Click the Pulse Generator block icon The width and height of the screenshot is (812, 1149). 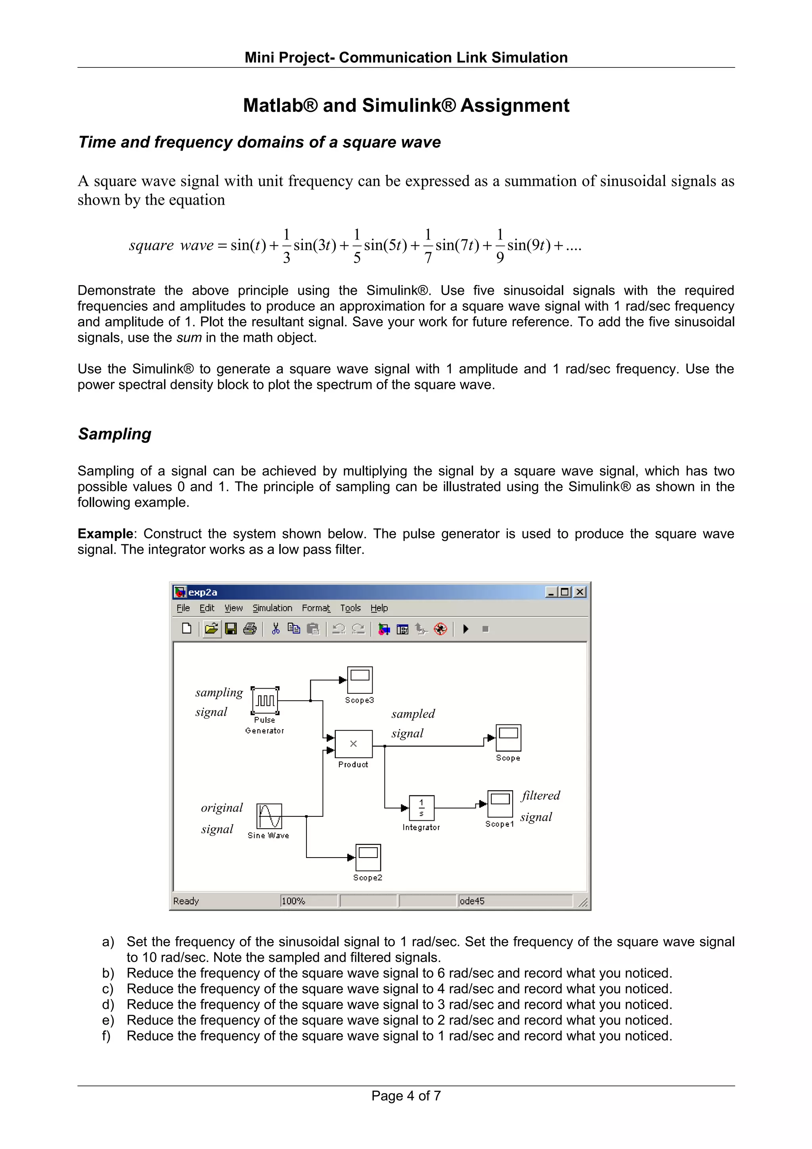pos(265,700)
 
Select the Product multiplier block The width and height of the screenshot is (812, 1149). pos(353,744)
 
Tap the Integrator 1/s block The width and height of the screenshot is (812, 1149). pos(421,807)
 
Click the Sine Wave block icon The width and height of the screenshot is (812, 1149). pos(269,816)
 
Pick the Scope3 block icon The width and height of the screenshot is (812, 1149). pos(360,680)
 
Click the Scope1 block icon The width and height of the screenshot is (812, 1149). pos(500,803)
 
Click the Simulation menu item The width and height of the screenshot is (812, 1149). pos(272,608)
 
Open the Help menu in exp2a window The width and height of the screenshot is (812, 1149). pos(379,608)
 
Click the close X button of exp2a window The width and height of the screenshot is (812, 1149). pos(579,592)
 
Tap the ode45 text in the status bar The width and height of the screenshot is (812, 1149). pos(472,901)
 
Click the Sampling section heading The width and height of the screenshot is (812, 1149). pos(115,434)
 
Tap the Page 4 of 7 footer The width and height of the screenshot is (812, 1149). pos(406,1095)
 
